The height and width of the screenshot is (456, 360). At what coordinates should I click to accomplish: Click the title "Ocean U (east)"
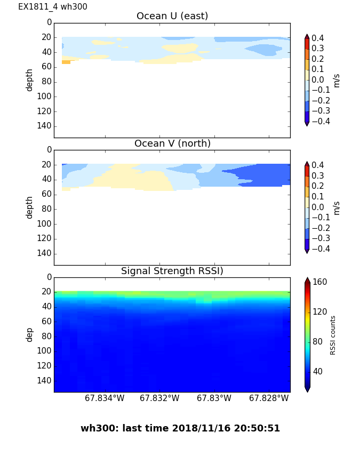point(172,16)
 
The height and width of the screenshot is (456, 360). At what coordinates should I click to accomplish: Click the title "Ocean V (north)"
point(172,143)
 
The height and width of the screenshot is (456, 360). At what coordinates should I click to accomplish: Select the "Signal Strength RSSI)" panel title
point(172,271)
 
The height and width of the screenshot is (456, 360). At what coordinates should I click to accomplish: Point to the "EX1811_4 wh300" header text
point(53,7)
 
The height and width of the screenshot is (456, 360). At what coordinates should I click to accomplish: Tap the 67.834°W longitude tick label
point(105,398)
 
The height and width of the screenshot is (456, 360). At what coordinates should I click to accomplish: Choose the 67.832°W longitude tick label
point(159,398)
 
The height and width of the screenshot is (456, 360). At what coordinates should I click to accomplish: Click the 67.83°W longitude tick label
point(214,398)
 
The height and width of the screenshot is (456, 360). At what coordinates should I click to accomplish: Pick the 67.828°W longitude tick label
point(269,398)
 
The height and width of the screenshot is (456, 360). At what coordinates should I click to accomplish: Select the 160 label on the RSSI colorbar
point(320,282)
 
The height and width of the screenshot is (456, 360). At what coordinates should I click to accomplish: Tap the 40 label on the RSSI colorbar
point(318,371)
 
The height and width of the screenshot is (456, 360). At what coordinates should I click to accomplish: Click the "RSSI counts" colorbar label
point(333,335)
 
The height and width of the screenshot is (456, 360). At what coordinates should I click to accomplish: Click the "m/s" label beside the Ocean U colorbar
point(336,80)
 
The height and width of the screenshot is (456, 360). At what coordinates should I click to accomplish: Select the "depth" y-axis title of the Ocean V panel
point(30,207)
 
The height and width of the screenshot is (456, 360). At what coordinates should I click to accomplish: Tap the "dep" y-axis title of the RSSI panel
point(30,334)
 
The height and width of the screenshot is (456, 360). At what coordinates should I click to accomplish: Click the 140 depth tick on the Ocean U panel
point(45,126)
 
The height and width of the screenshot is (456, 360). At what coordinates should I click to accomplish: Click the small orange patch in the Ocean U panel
point(66,62)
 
